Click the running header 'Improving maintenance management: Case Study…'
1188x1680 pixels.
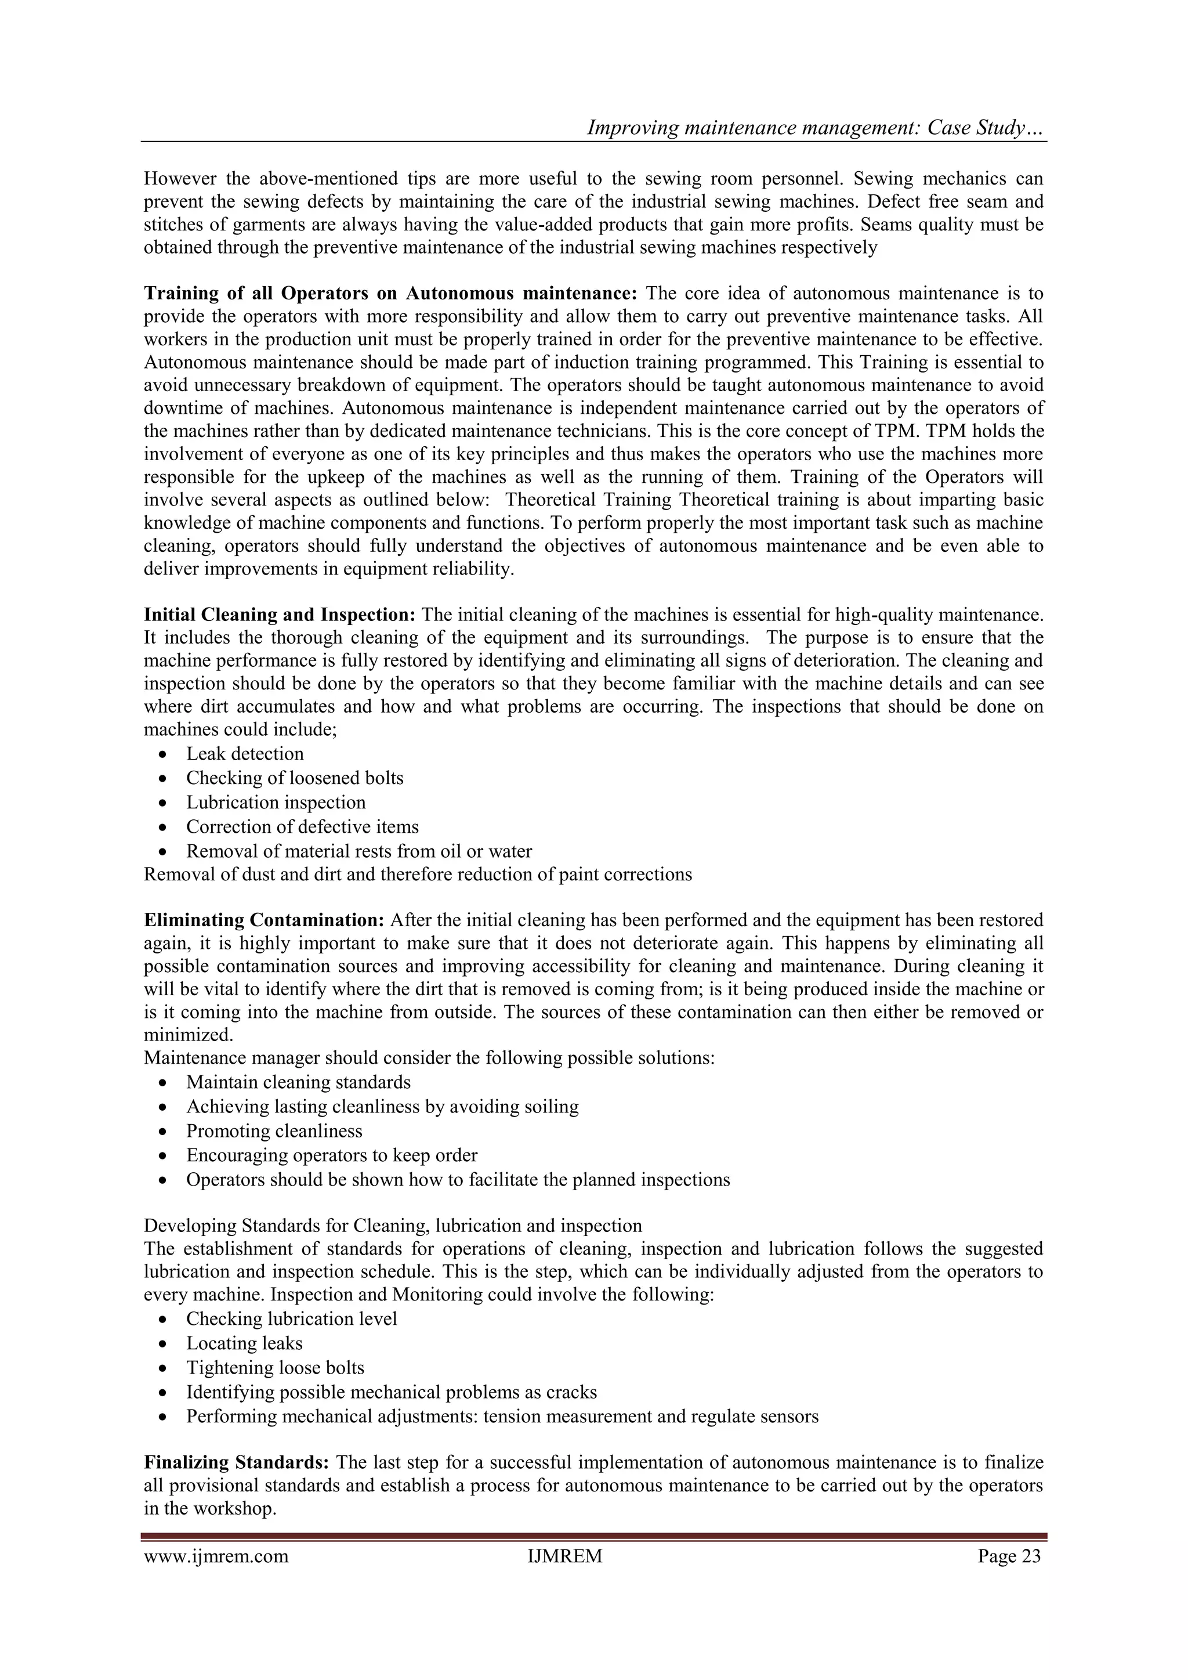(816, 128)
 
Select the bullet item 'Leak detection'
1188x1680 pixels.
(244, 754)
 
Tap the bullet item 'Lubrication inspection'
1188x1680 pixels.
(276, 803)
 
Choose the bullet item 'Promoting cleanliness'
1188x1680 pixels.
(274, 1131)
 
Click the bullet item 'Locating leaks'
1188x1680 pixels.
(244, 1343)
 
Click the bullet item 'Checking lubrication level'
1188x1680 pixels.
(291, 1318)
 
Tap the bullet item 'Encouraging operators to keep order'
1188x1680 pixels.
(331, 1155)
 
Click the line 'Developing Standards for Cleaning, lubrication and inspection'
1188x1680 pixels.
(393, 1226)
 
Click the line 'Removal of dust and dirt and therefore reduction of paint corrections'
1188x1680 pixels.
(418, 875)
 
